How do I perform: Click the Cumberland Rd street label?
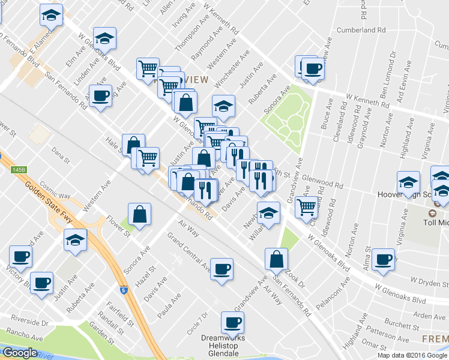coord(360,29)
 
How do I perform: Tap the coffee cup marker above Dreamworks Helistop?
coord(232,323)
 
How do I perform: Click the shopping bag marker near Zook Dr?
coord(277,259)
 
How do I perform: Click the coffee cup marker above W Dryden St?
coord(382,259)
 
